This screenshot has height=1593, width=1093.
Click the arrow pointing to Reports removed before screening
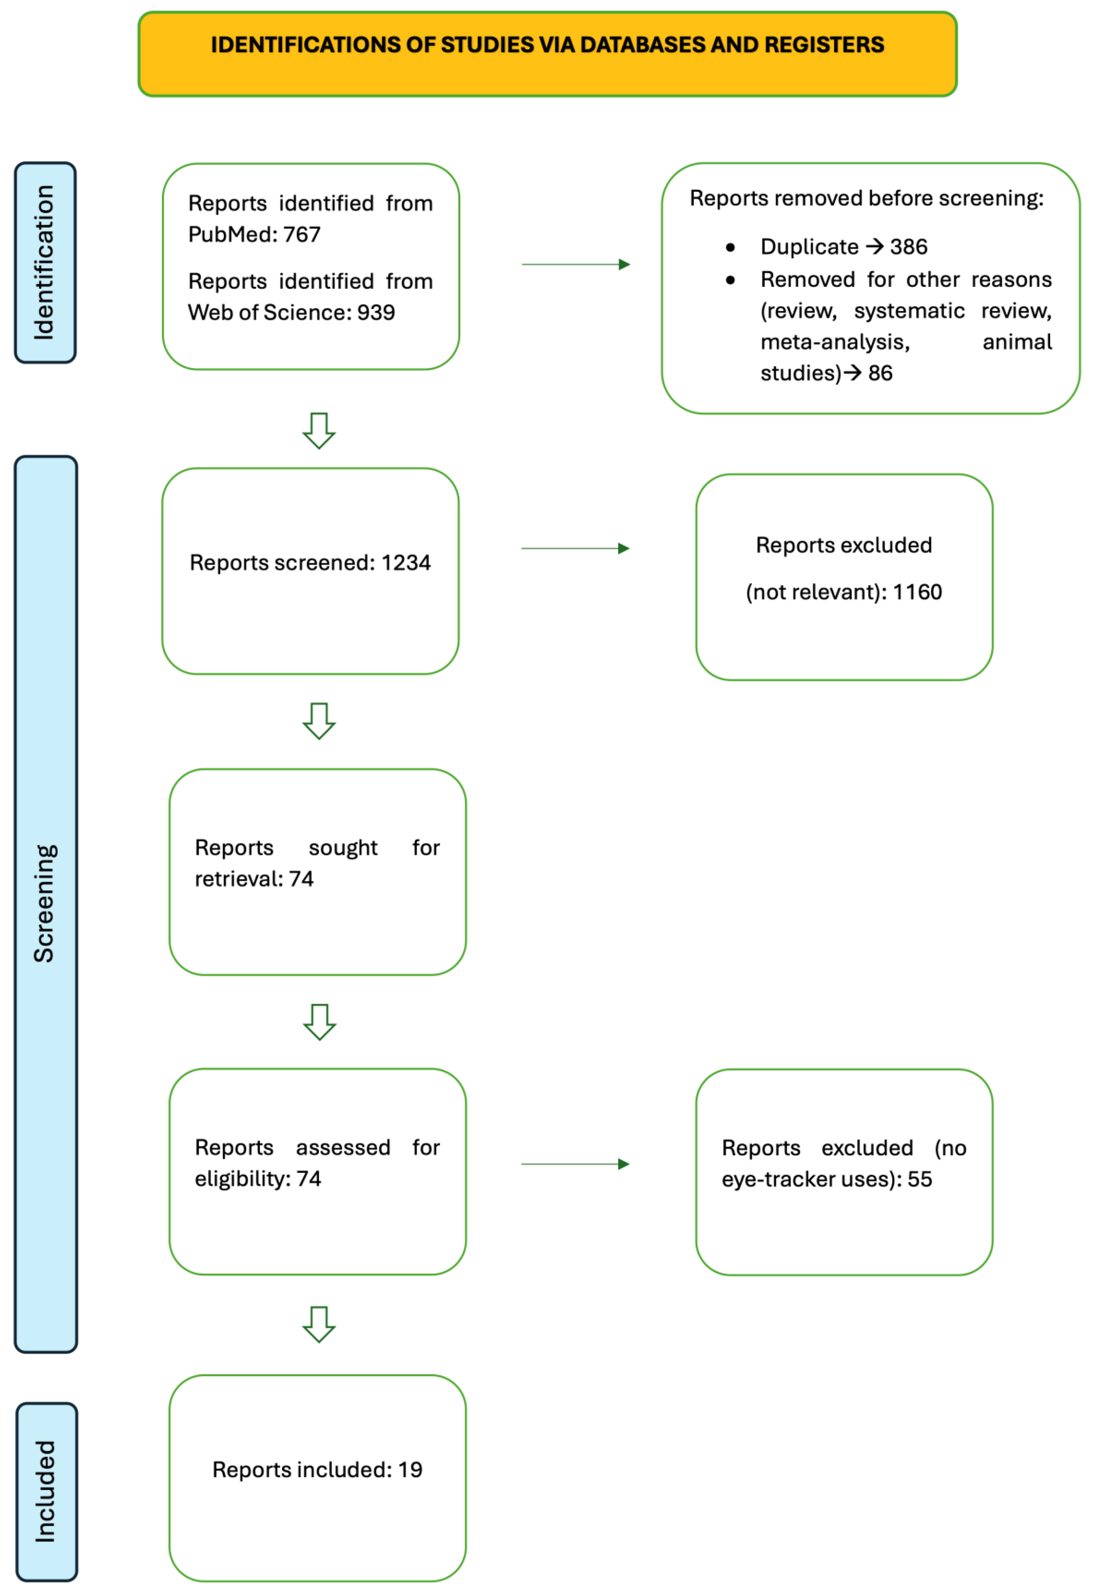576,265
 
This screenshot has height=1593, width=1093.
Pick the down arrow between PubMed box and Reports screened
319,431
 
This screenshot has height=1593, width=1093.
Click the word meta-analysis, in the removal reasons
835,342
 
